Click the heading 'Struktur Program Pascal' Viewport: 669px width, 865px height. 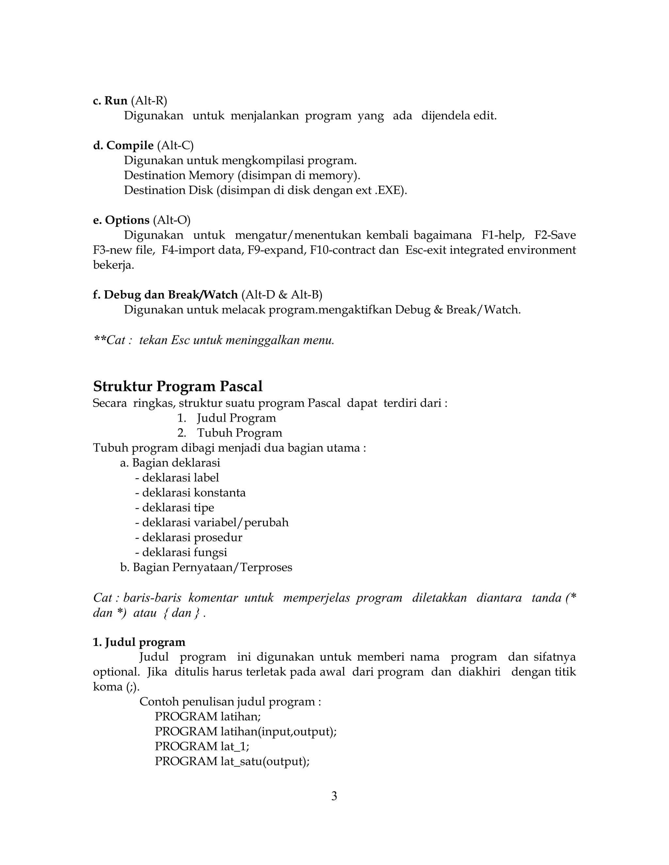178,386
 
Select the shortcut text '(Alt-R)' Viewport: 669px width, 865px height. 149,101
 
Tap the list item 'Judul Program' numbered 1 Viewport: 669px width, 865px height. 236,418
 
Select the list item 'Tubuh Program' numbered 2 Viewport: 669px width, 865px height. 239,433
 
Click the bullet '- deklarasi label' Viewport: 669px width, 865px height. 177,478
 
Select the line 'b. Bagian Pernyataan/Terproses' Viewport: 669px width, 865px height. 206,567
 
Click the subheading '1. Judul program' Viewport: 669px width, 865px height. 139,642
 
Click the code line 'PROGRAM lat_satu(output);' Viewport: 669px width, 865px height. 232,761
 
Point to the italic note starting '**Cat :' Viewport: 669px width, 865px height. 214,340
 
